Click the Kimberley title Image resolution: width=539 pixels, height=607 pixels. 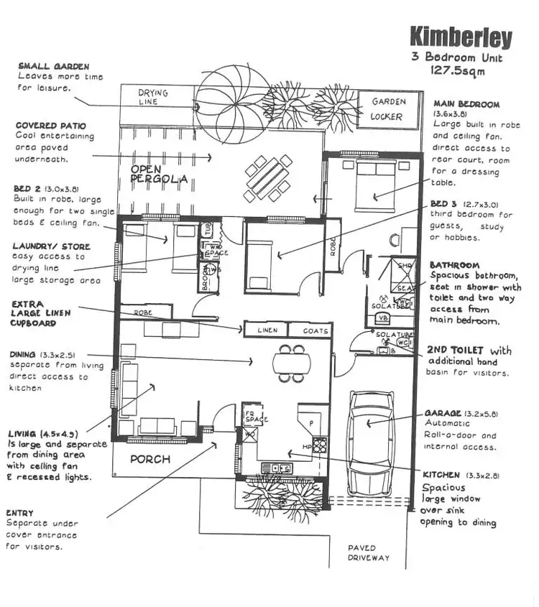coord(461,38)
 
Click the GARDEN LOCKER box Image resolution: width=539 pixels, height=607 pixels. coord(388,109)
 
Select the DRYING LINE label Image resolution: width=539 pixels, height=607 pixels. coord(152,98)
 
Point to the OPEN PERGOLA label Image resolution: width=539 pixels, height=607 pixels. coord(159,175)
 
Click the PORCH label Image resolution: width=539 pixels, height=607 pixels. coord(149,460)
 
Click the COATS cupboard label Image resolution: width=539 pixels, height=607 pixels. coord(310,331)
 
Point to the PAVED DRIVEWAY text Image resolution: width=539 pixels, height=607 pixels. coord(369,552)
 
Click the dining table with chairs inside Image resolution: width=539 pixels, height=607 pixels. coord(291,363)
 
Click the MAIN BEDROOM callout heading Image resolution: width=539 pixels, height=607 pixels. coord(466,104)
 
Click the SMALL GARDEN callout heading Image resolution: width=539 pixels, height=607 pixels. coord(53,66)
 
